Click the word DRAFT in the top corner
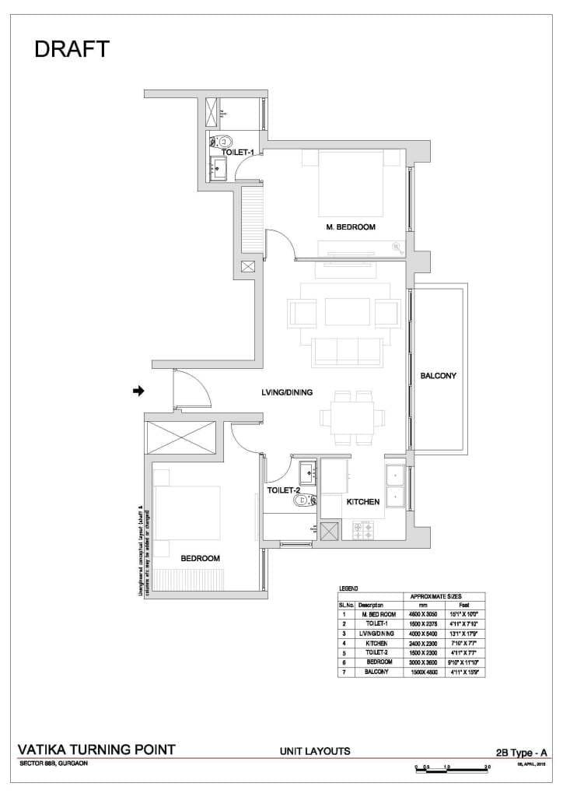tap(72, 49)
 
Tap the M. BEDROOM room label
tap(351, 227)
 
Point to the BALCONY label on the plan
tap(439, 375)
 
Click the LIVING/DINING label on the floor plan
tap(287, 393)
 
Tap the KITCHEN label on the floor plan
tap(362, 502)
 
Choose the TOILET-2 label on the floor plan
tap(284, 490)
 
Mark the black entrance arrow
tap(139, 391)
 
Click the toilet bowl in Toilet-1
tap(224, 142)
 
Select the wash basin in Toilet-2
tap(306, 472)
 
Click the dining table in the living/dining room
tap(353, 418)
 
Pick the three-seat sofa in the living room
tap(346, 351)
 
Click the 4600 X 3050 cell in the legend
tap(423, 613)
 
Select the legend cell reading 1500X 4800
tap(423, 670)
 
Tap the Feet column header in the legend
tap(464, 604)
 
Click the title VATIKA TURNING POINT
tap(96, 750)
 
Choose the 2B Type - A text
tap(521, 752)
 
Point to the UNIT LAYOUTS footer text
tap(314, 751)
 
